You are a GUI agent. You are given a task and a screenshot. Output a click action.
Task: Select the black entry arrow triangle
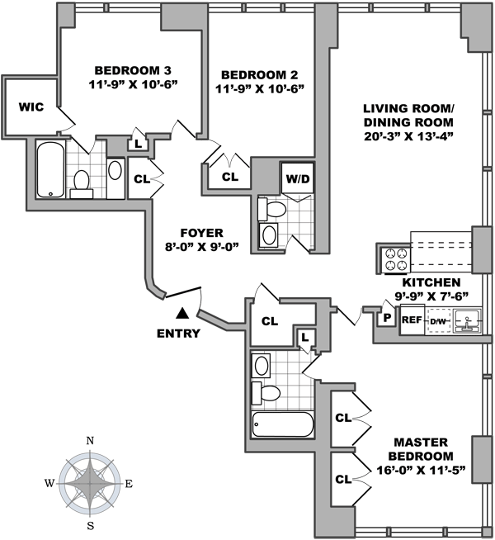[181, 312]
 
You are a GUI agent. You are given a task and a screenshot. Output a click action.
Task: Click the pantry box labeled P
[386, 316]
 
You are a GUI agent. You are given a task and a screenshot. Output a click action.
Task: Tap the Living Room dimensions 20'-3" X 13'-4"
[409, 135]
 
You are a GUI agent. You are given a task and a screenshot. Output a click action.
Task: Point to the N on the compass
[91, 441]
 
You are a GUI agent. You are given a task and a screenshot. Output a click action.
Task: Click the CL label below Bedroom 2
[229, 177]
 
